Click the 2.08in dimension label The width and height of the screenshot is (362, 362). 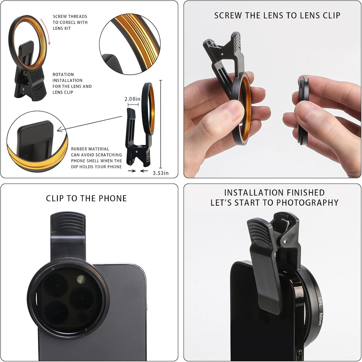click(x=132, y=99)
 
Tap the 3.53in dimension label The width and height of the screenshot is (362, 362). click(x=161, y=173)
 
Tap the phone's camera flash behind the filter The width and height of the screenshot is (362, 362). click(x=81, y=278)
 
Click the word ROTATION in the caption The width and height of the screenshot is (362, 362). click(x=63, y=75)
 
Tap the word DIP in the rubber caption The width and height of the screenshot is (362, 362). click(x=75, y=167)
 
